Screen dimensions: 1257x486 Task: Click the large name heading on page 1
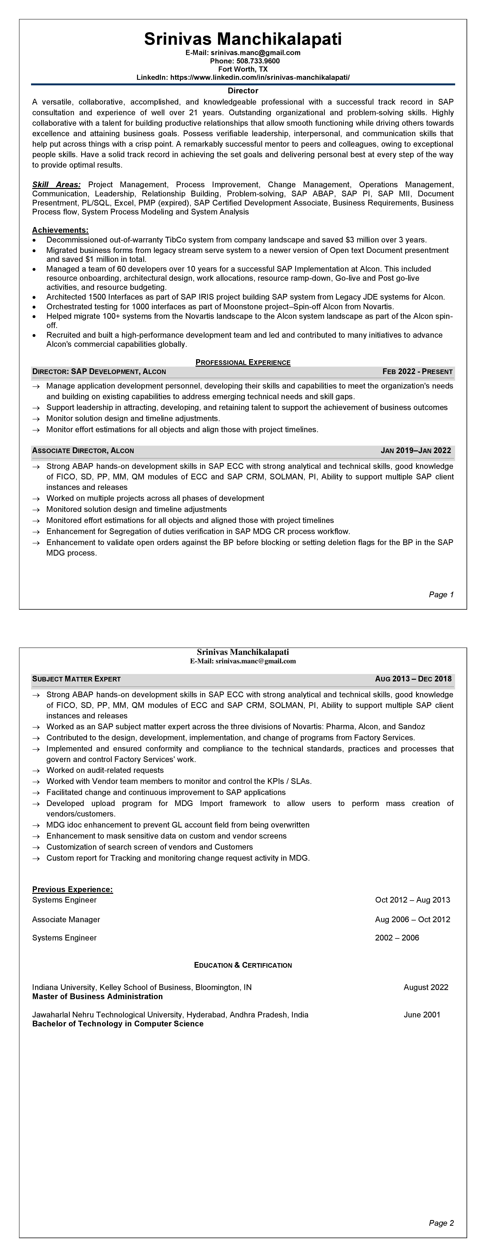click(x=243, y=39)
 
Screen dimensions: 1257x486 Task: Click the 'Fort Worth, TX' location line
click(x=243, y=69)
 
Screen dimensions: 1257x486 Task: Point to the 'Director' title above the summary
click(x=243, y=91)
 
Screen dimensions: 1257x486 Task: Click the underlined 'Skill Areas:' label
click(x=56, y=184)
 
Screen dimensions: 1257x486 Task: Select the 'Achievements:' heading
click(x=60, y=230)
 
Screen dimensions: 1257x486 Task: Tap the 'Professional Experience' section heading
click(x=243, y=362)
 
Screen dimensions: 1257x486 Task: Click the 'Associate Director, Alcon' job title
click(x=83, y=450)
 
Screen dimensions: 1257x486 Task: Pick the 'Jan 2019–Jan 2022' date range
click(x=416, y=450)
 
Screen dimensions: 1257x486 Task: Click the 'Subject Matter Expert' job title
click(x=76, y=679)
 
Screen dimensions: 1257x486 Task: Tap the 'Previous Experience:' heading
click(x=72, y=889)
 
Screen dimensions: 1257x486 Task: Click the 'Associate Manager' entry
click(x=66, y=919)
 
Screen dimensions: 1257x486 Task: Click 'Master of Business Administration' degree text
click(x=97, y=996)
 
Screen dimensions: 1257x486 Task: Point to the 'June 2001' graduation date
click(x=422, y=1015)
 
